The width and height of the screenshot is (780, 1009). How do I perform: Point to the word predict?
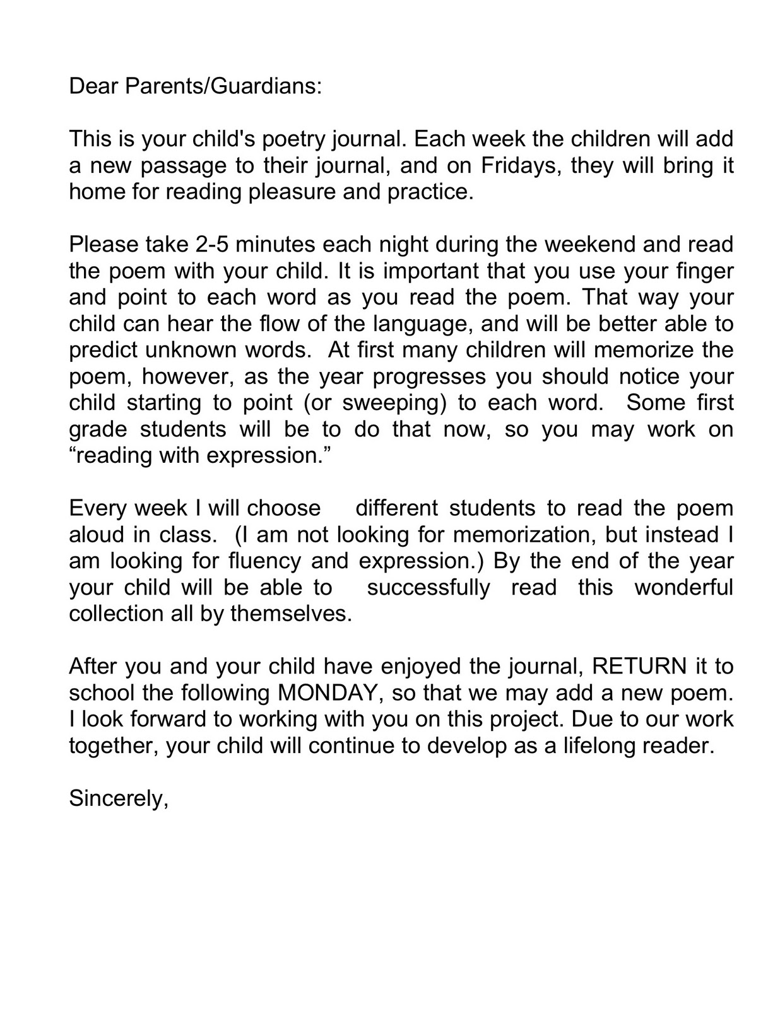click(102, 351)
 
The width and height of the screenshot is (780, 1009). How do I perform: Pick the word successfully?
click(428, 588)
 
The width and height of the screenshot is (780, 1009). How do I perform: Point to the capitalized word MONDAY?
click(328, 693)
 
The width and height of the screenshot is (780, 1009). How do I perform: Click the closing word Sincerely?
click(118, 799)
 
